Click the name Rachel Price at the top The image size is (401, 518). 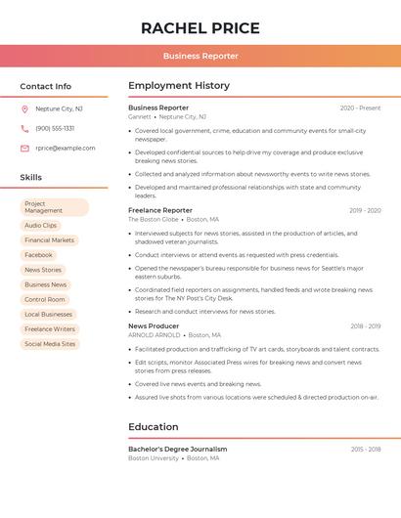coord(200,28)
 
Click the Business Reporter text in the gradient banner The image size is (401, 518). coord(200,56)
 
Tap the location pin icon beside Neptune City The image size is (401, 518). coord(24,108)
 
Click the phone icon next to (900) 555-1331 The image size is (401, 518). coord(24,128)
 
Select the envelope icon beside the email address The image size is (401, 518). coord(24,149)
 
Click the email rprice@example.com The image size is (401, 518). coord(66,149)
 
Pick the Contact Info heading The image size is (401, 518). coord(46,86)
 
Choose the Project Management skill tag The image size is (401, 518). coord(54,207)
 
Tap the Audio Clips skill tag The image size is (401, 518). coord(41,226)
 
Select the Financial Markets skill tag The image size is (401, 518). coord(49,240)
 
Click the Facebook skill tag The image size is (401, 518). coord(38,255)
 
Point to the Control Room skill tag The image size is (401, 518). coord(45,299)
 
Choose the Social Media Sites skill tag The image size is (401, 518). coord(50,344)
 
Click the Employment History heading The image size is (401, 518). coord(179,86)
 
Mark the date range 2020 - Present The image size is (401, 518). coord(360,108)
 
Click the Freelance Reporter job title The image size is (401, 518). coord(160,210)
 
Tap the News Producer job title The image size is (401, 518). coord(154,325)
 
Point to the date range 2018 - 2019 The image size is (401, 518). coord(366,326)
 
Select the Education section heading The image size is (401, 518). coord(154,427)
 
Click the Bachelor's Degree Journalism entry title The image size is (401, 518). coord(178,449)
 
